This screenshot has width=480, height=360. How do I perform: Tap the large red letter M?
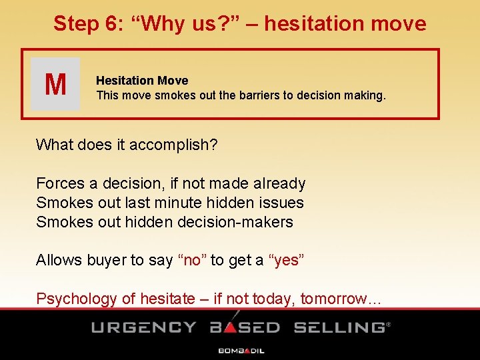[x=55, y=85]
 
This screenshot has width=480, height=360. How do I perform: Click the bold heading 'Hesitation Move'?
[x=142, y=81]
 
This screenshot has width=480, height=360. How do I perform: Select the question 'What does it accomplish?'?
[x=127, y=145]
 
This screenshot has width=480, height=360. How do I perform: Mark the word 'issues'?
[x=283, y=203]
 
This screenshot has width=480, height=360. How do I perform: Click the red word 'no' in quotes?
[x=191, y=260]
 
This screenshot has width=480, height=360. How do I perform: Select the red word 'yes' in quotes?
[x=287, y=260]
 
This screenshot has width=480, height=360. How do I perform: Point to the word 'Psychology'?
[x=77, y=299]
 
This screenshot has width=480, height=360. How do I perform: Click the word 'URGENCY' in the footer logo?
[x=144, y=327]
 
